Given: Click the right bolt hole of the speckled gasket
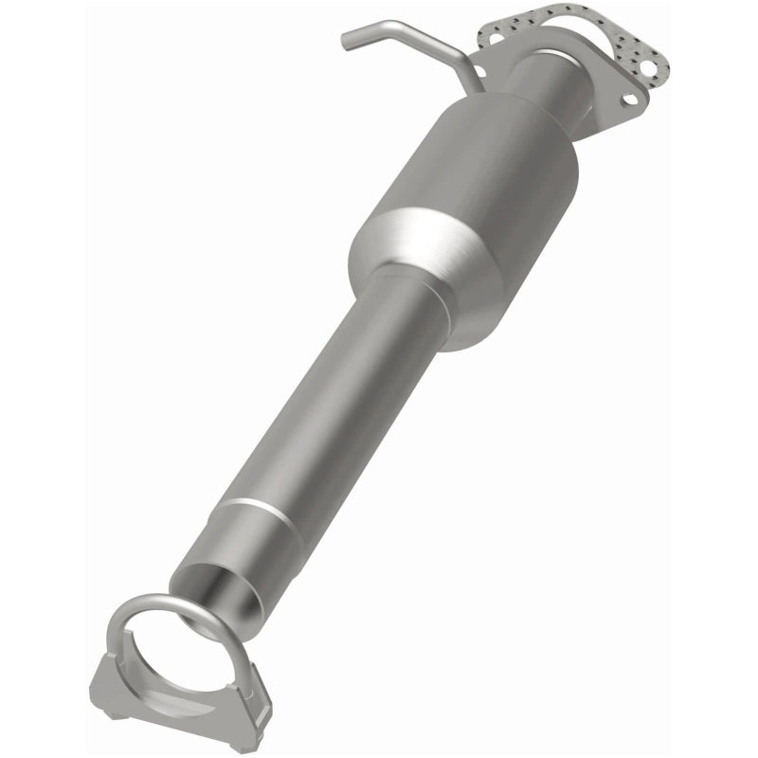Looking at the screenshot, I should [647, 67].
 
